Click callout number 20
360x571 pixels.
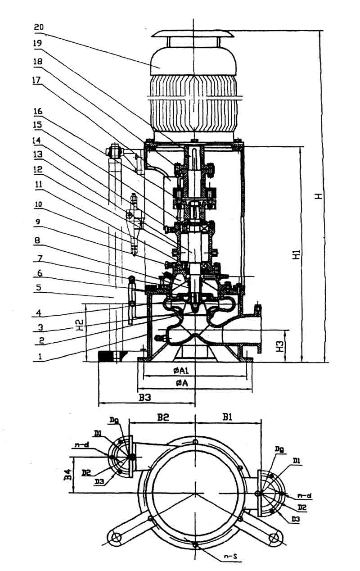(x=39, y=27)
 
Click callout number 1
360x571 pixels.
(x=40, y=356)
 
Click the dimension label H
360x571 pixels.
(x=318, y=196)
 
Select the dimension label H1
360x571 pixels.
(x=296, y=255)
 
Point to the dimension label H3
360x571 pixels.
(x=280, y=346)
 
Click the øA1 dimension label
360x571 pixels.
(x=183, y=370)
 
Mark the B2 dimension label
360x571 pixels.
(x=163, y=417)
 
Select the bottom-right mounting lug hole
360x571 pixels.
(x=273, y=537)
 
